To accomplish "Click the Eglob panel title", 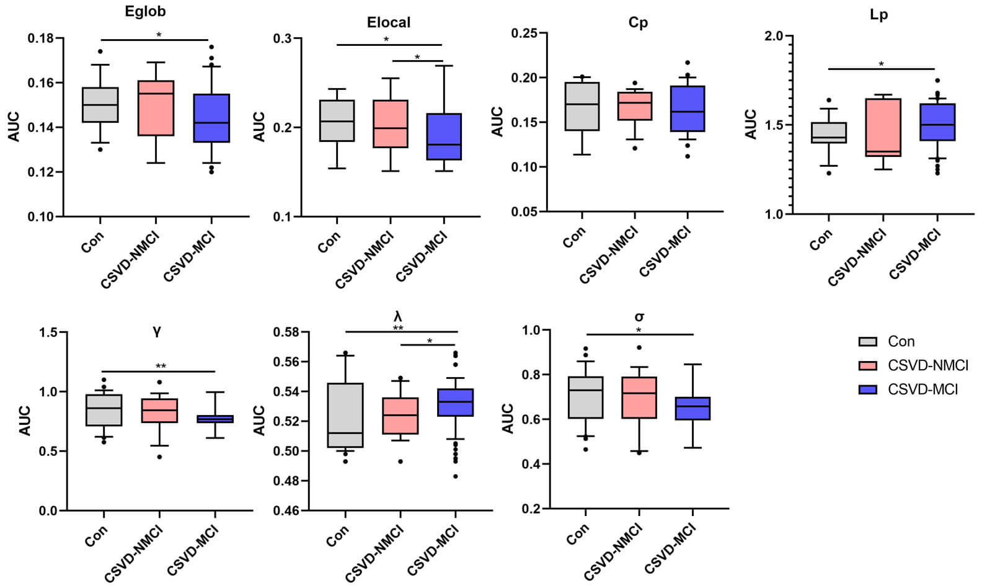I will [145, 11].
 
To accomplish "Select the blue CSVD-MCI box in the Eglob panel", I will [211, 118].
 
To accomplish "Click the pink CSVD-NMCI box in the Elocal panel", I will [391, 124].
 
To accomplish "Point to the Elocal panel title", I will [389, 22].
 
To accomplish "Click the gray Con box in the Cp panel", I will [582, 106].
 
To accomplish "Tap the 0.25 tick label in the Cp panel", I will [524, 33].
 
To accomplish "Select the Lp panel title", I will [878, 15].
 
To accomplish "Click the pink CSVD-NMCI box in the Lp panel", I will [883, 127].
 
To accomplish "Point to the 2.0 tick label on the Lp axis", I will [774, 36].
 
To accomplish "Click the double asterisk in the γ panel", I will [161, 366].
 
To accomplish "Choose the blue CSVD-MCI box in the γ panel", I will [215, 419].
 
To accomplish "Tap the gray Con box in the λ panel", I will [345, 415].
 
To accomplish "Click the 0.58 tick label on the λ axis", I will [287, 332].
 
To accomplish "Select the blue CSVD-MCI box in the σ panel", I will [692, 408].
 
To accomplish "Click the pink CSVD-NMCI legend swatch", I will [868, 365].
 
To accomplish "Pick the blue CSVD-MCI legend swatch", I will [868, 390].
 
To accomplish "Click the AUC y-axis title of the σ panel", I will [508, 419].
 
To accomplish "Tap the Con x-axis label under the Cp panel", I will [574, 238].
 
